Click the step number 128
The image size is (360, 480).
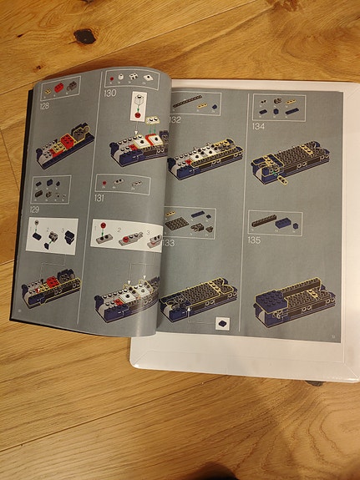[x=44, y=107]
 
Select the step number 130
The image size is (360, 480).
[x=110, y=93]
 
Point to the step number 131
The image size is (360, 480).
[x=100, y=199]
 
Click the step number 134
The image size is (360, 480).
[x=258, y=127]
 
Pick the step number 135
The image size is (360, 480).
[x=255, y=240]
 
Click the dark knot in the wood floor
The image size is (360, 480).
[x=84, y=36]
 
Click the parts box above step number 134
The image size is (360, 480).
[x=279, y=106]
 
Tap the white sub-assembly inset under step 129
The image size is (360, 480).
[x=52, y=236]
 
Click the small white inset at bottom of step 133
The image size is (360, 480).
[x=224, y=321]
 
